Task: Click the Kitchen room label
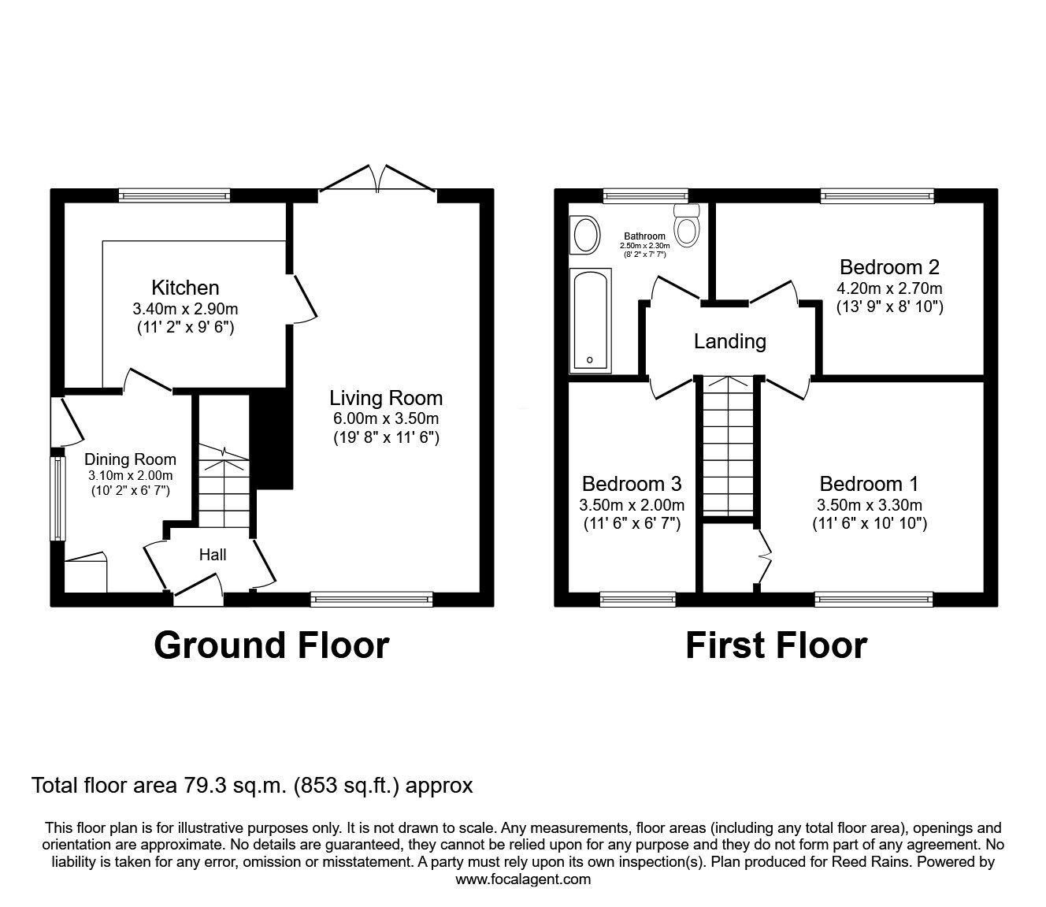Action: [x=185, y=288]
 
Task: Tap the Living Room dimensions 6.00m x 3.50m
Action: [x=385, y=418]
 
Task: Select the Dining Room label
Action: [x=130, y=459]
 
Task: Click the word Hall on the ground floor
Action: [x=213, y=555]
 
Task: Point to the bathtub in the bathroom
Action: [x=590, y=319]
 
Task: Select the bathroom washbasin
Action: [x=585, y=235]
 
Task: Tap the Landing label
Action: [x=729, y=341]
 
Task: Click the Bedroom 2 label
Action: [x=889, y=266]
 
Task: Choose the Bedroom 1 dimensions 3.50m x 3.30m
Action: [x=869, y=505]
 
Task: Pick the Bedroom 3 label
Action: [x=632, y=483]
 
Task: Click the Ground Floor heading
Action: [x=271, y=645]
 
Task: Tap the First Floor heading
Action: [x=776, y=645]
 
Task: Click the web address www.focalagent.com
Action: [x=523, y=879]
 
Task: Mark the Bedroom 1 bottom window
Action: [x=874, y=600]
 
